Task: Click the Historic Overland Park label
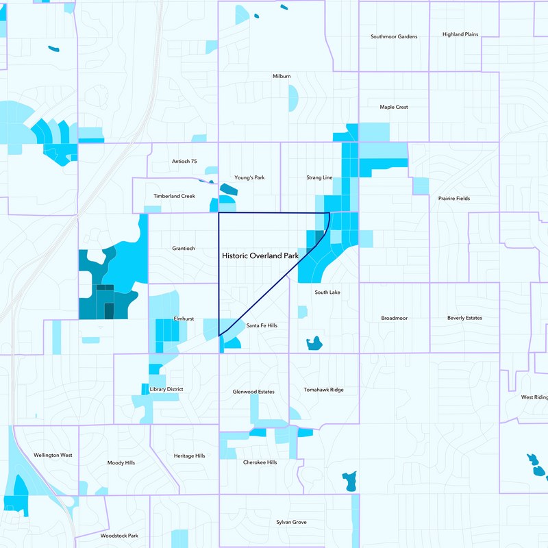[260, 256]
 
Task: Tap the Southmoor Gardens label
[394, 36]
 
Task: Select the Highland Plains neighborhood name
[460, 34]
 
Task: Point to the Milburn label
[282, 76]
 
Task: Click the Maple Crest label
[394, 107]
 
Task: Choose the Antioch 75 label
[183, 161]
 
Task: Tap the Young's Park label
[249, 177]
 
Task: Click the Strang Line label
[319, 177]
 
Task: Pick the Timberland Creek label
[174, 196]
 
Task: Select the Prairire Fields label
[454, 199]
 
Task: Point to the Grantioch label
[184, 248]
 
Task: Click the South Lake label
[327, 292]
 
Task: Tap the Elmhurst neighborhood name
[185, 319]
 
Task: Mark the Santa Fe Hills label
[262, 325]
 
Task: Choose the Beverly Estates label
[464, 318]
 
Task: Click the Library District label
[166, 389]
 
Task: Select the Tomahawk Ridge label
[323, 390]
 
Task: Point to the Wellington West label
[53, 455]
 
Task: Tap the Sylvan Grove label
[291, 522]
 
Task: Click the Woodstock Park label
[119, 536]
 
